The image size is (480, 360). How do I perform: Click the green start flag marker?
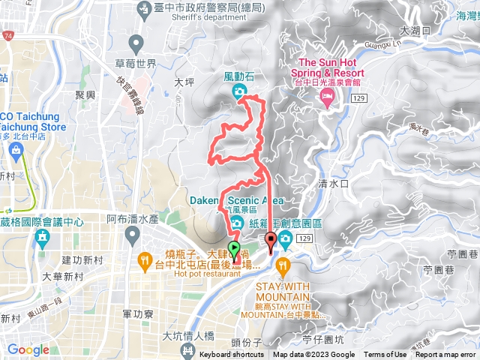233,251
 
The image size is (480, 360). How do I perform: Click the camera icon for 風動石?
238,92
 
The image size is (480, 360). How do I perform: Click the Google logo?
28,349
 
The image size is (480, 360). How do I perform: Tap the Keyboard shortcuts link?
232,355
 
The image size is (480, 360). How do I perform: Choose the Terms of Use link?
385,355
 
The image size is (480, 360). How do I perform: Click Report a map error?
446,355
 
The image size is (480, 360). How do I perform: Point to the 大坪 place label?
184,82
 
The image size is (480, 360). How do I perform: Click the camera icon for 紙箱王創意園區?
286,241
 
